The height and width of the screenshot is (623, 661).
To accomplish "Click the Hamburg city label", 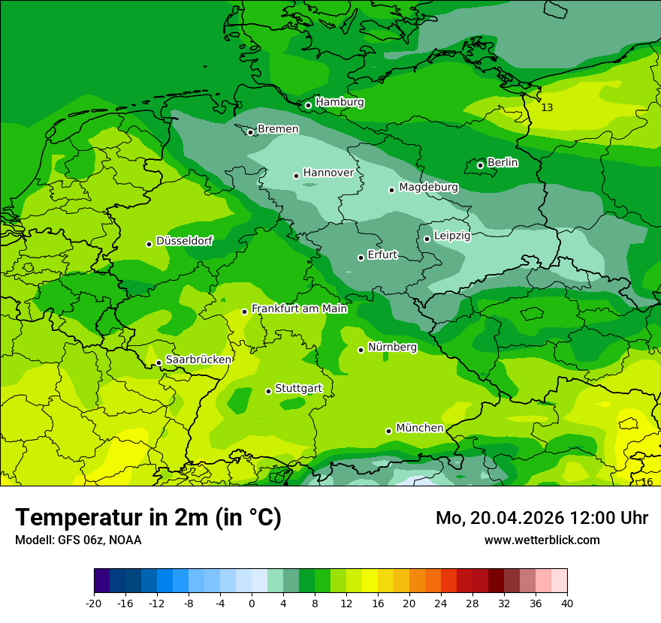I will (340, 102).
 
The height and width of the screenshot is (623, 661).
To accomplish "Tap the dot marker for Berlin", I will (481, 165).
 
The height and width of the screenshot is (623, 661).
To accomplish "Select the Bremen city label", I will (278, 129).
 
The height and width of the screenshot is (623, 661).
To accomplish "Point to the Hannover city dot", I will (297, 176).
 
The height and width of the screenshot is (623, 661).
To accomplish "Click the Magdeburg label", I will (428, 187).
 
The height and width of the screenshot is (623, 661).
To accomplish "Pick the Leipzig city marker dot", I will (427, 239).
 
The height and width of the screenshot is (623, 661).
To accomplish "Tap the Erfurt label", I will (382, 255).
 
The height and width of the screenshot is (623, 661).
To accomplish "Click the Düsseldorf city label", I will (184, 242).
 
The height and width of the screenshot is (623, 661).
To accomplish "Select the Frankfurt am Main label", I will (299, 308).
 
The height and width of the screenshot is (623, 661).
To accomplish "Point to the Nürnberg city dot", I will (361, 350).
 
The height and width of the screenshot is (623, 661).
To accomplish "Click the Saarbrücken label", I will (198, 360).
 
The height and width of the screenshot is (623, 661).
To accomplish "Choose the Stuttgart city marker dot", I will (268, 391).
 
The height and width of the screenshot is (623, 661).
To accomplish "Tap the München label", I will (420, 428).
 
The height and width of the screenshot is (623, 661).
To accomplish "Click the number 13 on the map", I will (547, 108).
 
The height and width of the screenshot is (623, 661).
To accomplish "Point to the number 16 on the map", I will (647, 482).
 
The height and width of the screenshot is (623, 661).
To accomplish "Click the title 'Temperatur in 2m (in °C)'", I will (148, 518).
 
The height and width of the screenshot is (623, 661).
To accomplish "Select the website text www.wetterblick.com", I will (542, 540).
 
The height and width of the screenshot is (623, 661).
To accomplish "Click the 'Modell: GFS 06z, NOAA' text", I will (78, 540).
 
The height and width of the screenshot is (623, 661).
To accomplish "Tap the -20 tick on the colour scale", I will (94, 603).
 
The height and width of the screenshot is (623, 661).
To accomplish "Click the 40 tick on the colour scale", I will (567, 603).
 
